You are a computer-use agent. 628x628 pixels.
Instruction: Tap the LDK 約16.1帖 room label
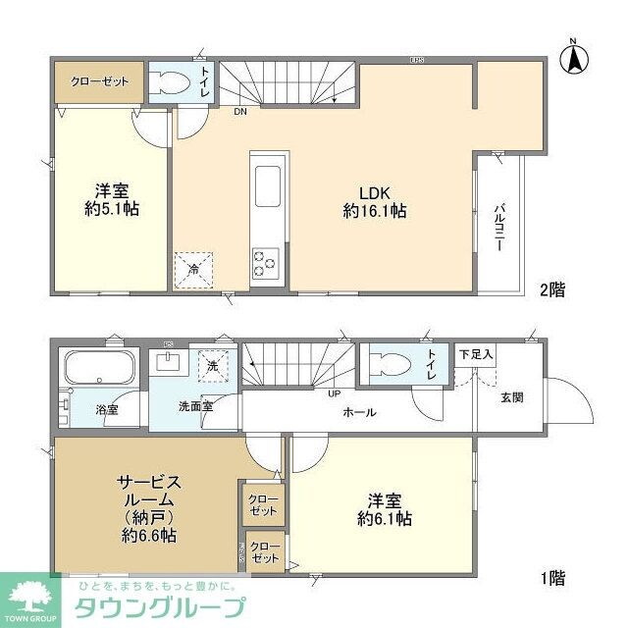[x=375, y=201]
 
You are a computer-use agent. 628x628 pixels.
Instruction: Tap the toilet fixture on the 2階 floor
[x=171, y=83]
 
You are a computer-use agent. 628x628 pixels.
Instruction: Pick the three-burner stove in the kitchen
[x=266, y=262]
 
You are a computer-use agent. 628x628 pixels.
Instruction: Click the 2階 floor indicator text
[x=550, y=290]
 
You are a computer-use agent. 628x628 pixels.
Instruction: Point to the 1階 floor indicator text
[x=551, y=579]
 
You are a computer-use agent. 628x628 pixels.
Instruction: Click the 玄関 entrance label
[x=511, y=397]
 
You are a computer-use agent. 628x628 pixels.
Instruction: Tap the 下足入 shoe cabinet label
[x=476, y=352]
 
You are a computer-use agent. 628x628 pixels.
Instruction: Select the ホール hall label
[x=359, y=413]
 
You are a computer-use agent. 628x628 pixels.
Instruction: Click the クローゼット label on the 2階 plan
[x=98, y=80]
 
